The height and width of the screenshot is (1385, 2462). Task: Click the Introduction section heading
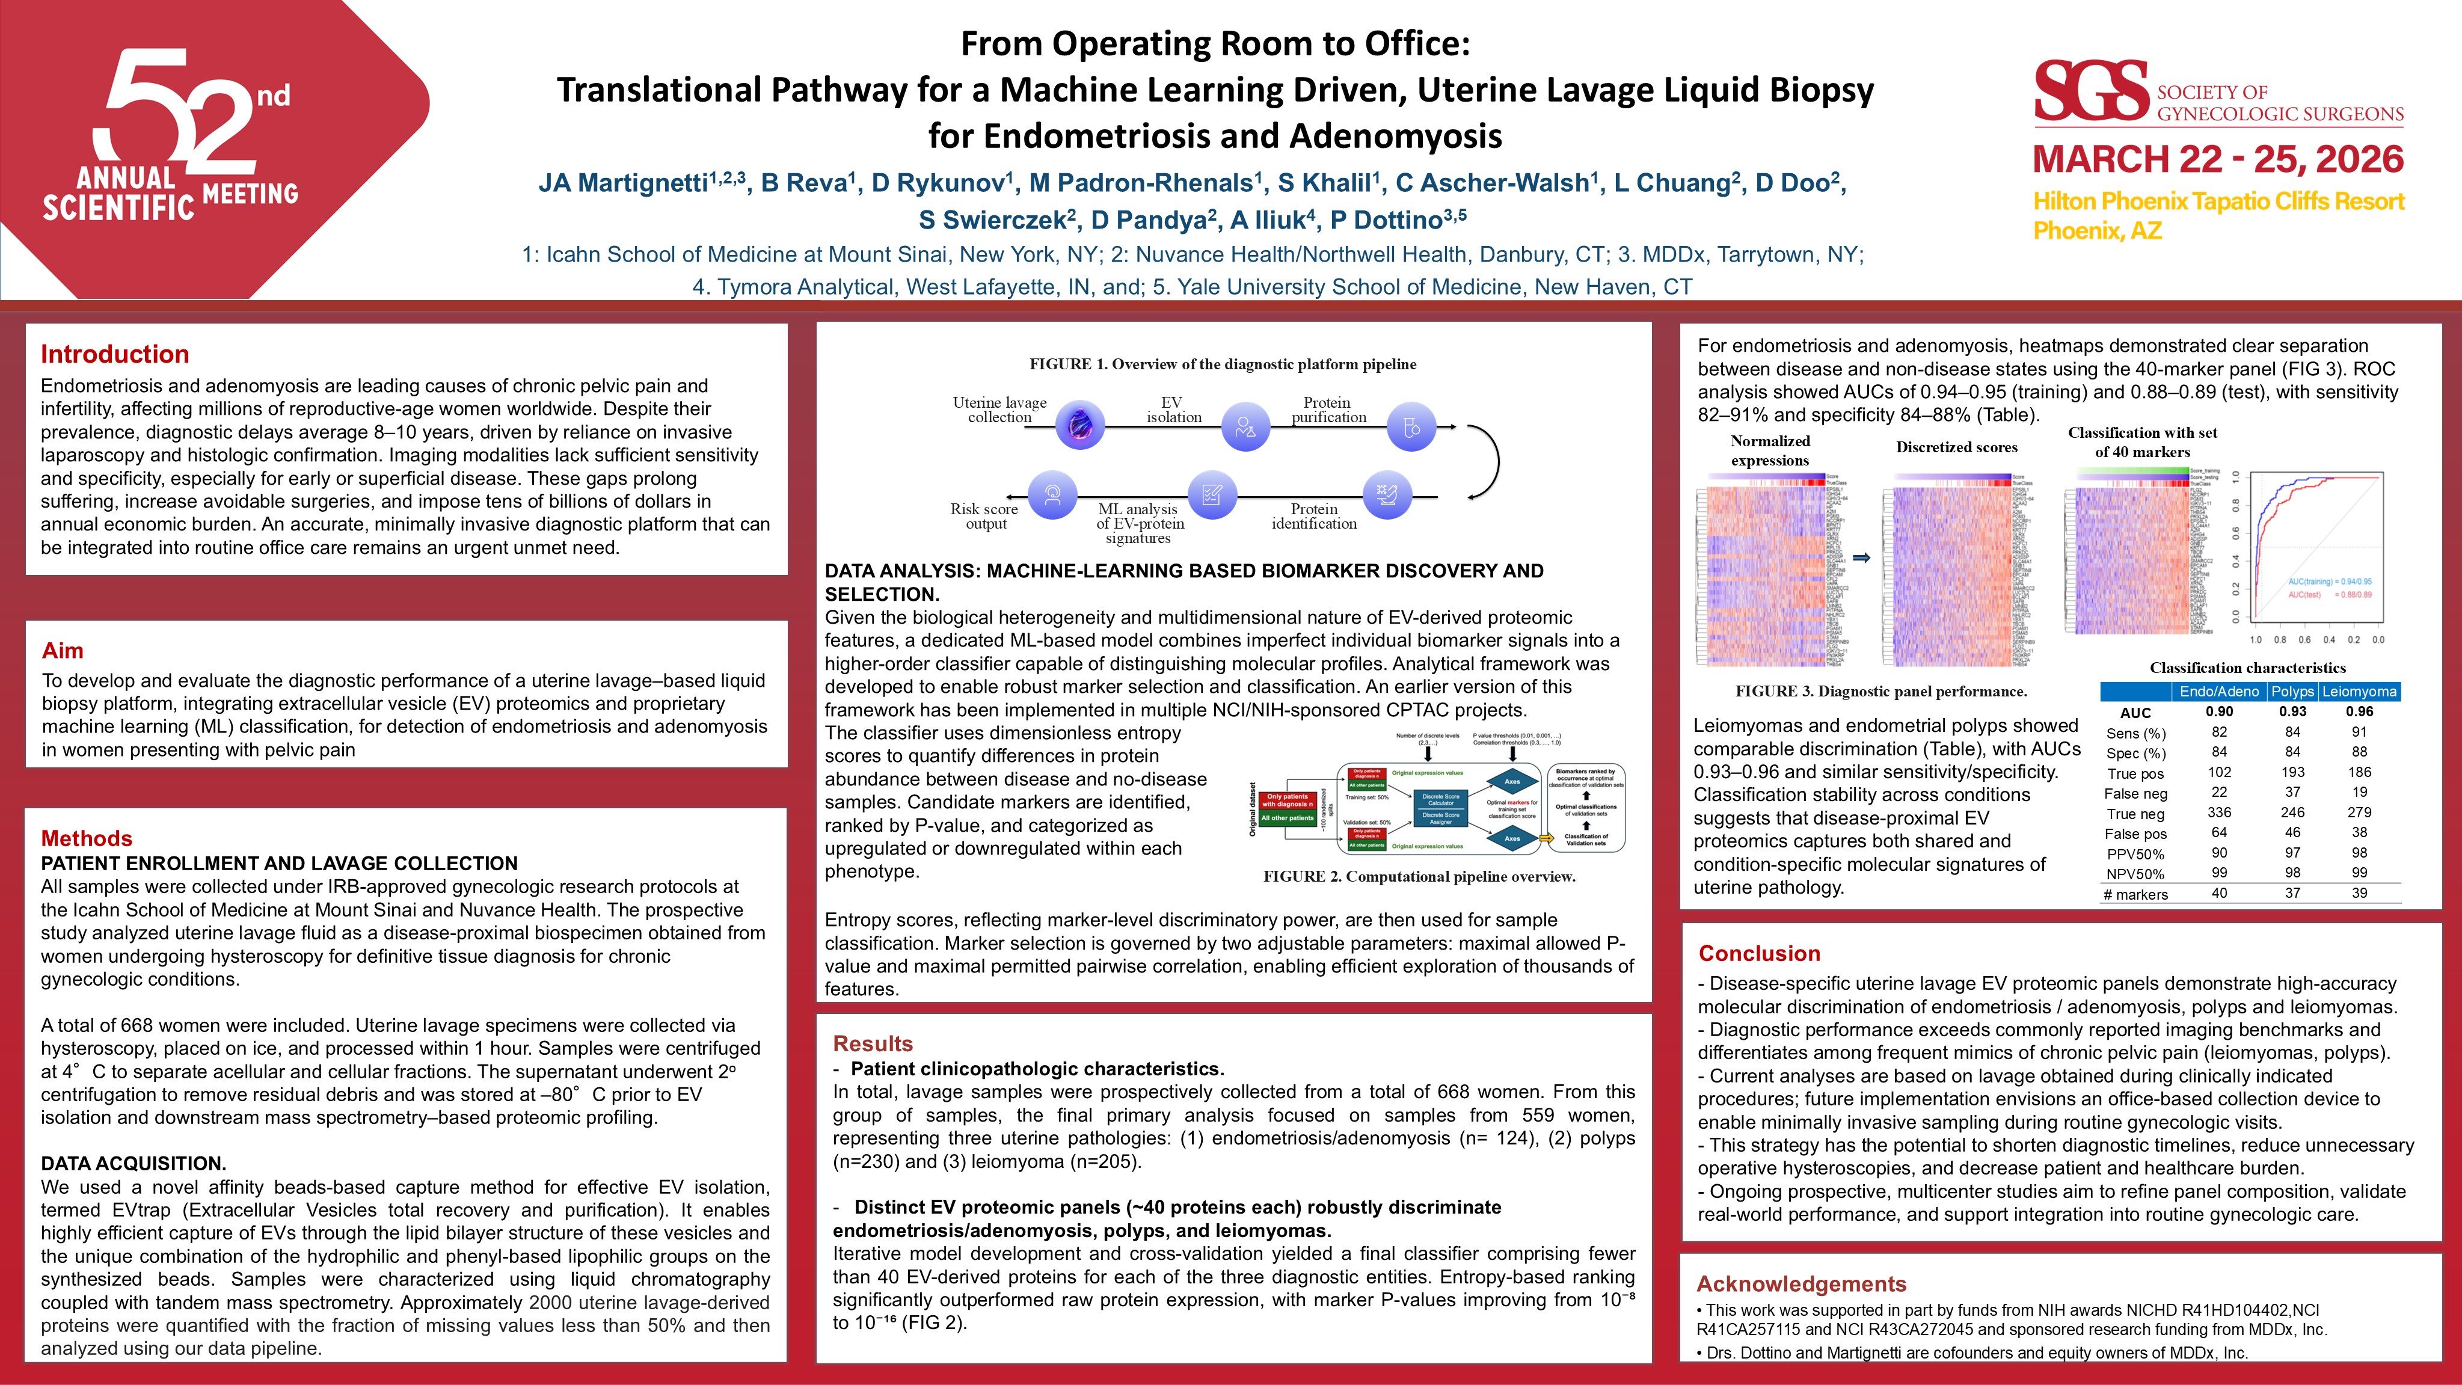click(x=115, y=355)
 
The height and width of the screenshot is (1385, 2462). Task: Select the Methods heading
click(x=86, y=838)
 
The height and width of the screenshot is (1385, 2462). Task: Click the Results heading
click(x=873, y=1044)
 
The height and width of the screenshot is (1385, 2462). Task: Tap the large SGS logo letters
click(x=2090, y=92)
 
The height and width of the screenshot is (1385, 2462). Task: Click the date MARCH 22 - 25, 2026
click(x=2217, y=159)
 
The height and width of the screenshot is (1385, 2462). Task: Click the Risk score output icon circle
click(x=1052, y=495)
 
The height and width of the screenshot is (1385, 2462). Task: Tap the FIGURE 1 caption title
click(x=1223, y=364)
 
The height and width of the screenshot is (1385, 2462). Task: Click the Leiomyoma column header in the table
click(x=2359, y=691)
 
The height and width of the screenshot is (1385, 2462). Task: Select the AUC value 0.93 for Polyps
click(x=2292, y=711)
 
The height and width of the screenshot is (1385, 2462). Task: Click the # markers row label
click(x=2135, y=895)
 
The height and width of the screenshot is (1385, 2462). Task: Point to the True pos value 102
click(x=2218, y=772)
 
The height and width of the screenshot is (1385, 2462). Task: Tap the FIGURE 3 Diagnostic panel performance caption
click(x=1881, y=691)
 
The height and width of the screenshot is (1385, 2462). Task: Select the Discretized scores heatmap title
click(x=1956, y=447)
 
